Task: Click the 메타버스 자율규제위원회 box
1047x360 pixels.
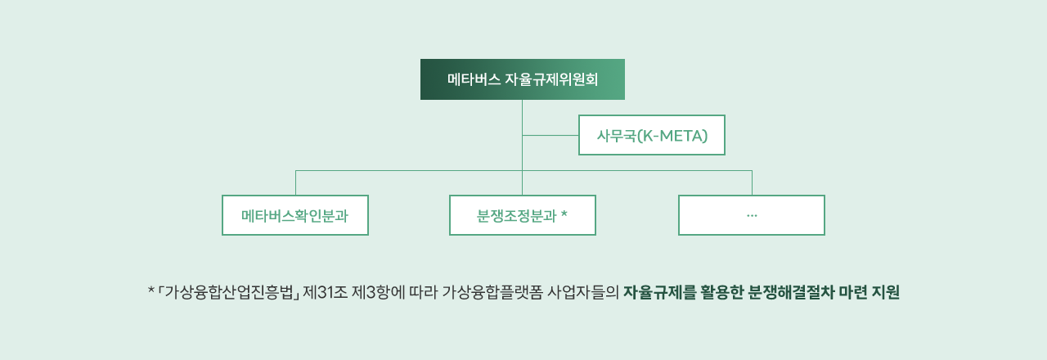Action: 522,79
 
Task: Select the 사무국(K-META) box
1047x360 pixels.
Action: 651,135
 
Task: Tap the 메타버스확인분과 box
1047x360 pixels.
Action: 294,215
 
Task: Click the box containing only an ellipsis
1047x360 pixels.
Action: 751,215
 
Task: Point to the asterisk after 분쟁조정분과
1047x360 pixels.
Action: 564,215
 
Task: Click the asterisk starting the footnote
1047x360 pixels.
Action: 151,291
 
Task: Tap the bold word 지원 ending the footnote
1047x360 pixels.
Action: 886,292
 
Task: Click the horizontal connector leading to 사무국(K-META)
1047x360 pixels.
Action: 550,135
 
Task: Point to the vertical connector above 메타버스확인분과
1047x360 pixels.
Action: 295,182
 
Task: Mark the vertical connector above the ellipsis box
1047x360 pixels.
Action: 752,182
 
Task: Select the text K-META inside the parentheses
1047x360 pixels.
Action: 673,135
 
